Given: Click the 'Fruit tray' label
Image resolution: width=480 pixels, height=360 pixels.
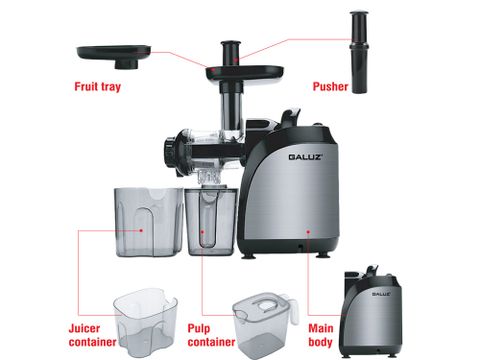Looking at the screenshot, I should (x=99, y=86).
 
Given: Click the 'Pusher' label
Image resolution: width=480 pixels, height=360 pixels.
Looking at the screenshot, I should (x=329, y=86).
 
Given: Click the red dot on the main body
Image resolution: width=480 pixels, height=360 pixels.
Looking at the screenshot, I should (x=308, y=231).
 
